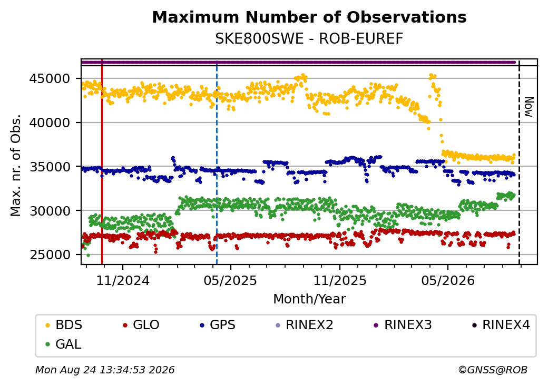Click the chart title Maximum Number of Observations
(309, 17)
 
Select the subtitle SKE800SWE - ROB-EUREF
(309, 39)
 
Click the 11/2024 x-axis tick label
(123, 280)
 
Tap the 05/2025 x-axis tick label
(230, 280)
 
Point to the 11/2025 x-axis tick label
(340, 280)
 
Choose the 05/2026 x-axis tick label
(448, 280)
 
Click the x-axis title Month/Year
(309, 299)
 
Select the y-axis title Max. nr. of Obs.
(16, 165)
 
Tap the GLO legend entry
(141, 325)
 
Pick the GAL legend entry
(64, 344)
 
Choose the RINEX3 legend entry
(403, 325)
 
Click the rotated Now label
(529, 107)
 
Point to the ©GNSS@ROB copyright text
(493, 370)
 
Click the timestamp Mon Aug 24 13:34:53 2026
(105, 370)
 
